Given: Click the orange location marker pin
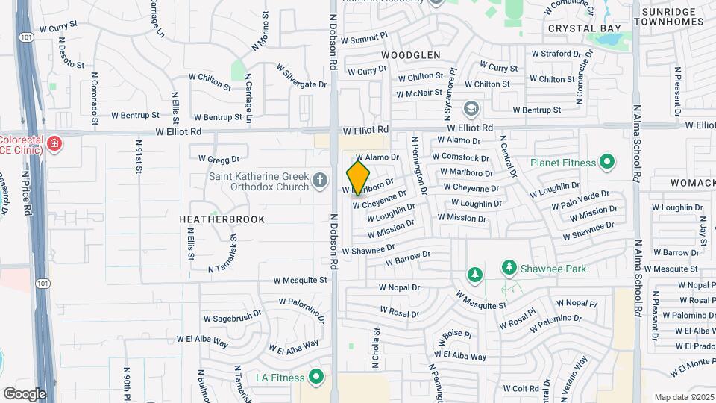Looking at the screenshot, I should [358, 178].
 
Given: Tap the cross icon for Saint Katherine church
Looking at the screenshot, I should [320, 179].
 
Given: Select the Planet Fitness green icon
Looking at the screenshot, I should [606, 162].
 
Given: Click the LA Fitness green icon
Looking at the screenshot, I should [316, 378].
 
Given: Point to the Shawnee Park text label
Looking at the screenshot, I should [554, 269].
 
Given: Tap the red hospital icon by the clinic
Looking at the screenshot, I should [54, 143].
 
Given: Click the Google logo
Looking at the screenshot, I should [25, 394].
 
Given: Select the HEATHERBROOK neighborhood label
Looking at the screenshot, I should [222, 219].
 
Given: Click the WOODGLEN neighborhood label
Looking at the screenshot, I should [410, 55].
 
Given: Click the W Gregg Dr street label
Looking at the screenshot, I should [219, 159].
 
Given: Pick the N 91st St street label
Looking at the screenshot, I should [139, 156].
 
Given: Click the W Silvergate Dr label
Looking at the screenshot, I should [301, 75].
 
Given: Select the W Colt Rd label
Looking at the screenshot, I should [521, 389].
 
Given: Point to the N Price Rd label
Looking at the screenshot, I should [26, 192].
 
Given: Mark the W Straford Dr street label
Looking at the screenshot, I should [556, 54].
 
